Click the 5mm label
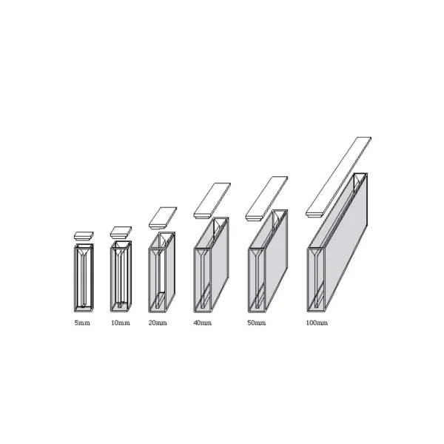point(83,323)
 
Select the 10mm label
point(120,323)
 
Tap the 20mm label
point(158,323)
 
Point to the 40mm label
point(202,323)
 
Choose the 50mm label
point(256,323)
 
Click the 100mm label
point(317,323)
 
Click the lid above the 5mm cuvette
point(84,235)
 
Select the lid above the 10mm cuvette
point(121,232)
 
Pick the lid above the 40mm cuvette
point(213,201)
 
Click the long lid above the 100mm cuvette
point(338,176)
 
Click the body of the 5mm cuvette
point(83,276)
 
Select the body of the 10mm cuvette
point(121,275)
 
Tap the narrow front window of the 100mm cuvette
point(316,277)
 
